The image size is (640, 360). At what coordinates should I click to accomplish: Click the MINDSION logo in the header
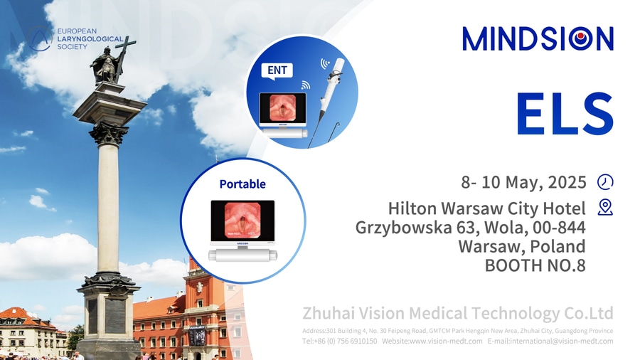click(538, 39)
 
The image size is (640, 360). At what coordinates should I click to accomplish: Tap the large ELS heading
click(565, 114)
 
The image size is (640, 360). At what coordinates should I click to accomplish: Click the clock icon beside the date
click(605, 181)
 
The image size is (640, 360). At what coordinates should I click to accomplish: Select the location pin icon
click(605, 207)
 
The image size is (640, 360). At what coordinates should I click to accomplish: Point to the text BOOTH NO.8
click(535, 265)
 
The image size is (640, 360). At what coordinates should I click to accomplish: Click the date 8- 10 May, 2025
click(523, 182)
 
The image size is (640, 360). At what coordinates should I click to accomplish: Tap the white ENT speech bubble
click(277, 71)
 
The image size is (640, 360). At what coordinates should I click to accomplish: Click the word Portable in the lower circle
click(242, 184)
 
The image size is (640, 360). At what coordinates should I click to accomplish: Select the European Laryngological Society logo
click(75, 39)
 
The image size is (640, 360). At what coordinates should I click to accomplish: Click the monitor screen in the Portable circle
click(242, 221)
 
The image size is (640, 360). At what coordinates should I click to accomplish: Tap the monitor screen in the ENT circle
click(282, 108)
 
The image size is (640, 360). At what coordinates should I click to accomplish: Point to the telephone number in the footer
click(340, 341)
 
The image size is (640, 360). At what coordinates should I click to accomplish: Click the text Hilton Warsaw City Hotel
click(487, 208)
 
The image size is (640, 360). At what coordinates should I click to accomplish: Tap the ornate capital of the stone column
click(109, 133)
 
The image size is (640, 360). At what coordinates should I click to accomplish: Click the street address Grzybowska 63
click(415, 228)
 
